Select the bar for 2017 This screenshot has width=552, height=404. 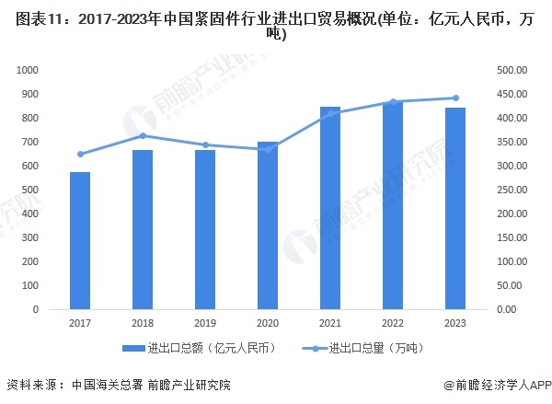(x=81, y=240)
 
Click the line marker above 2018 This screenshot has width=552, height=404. (x=143, y=136)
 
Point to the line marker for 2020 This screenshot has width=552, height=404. (x=268, y=149)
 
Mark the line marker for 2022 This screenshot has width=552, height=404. (x=393, y=101)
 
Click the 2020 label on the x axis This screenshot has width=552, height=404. (x=268, y=324)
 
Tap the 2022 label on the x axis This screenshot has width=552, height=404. (x=393, y=324)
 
